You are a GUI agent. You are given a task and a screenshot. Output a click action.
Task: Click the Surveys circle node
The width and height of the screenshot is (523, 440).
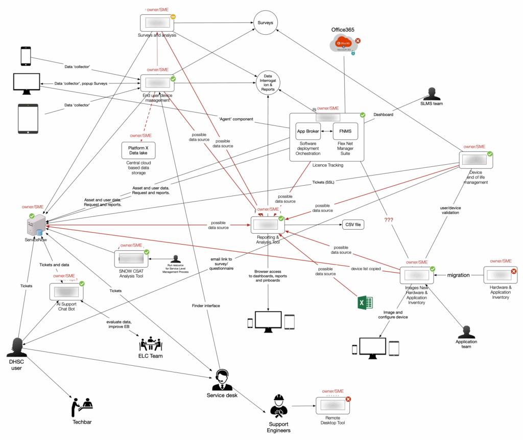click(x=266, y=23)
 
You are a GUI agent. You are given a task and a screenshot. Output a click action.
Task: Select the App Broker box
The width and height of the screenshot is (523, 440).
click(x=308, y=131)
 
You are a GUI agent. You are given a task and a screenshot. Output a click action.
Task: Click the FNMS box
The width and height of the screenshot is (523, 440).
click(x=346, y=131)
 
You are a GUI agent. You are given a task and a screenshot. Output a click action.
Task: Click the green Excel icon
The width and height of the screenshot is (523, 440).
click(x=365, y=303)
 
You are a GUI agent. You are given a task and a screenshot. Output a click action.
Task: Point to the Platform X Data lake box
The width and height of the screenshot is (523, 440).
click(x=138, y=150)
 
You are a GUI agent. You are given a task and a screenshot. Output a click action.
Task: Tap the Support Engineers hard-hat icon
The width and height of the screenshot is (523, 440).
click(x=278, y=405)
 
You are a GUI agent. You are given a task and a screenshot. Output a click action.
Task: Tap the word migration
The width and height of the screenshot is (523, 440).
click(x=458, y=275)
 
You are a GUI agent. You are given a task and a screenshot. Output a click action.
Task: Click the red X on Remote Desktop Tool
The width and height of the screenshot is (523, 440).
click(x=348, y=399)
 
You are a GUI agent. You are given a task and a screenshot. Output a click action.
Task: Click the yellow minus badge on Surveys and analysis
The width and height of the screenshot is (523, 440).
click(x=173, y=17)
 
